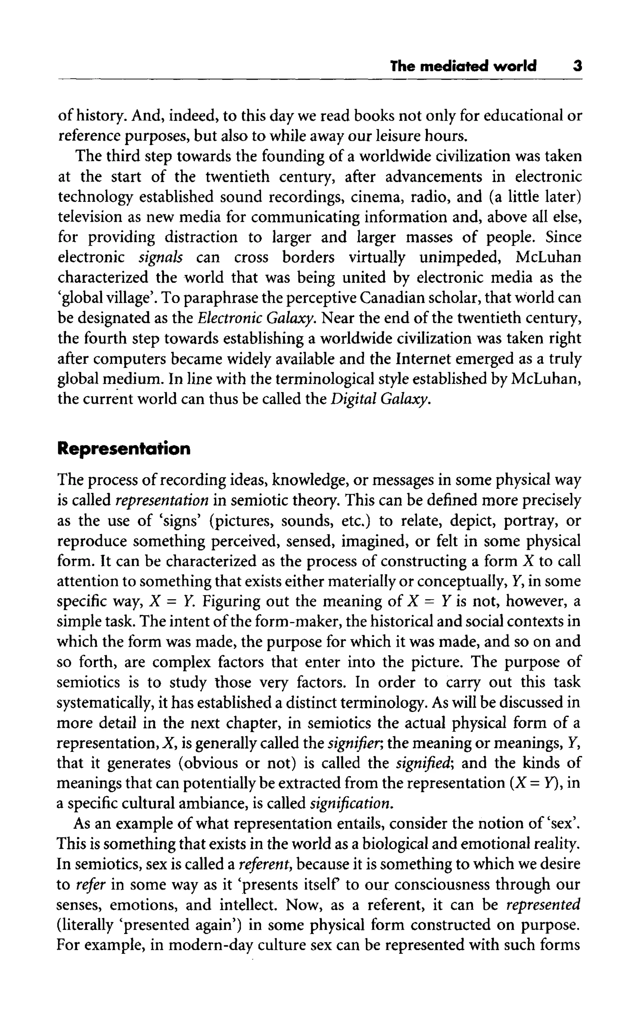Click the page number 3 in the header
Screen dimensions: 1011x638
tap(577, 66)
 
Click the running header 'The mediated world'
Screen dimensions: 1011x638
tap(463, 66)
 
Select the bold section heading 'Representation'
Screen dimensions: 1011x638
tap(123, 449)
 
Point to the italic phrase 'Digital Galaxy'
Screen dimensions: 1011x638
tap(380, 399)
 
